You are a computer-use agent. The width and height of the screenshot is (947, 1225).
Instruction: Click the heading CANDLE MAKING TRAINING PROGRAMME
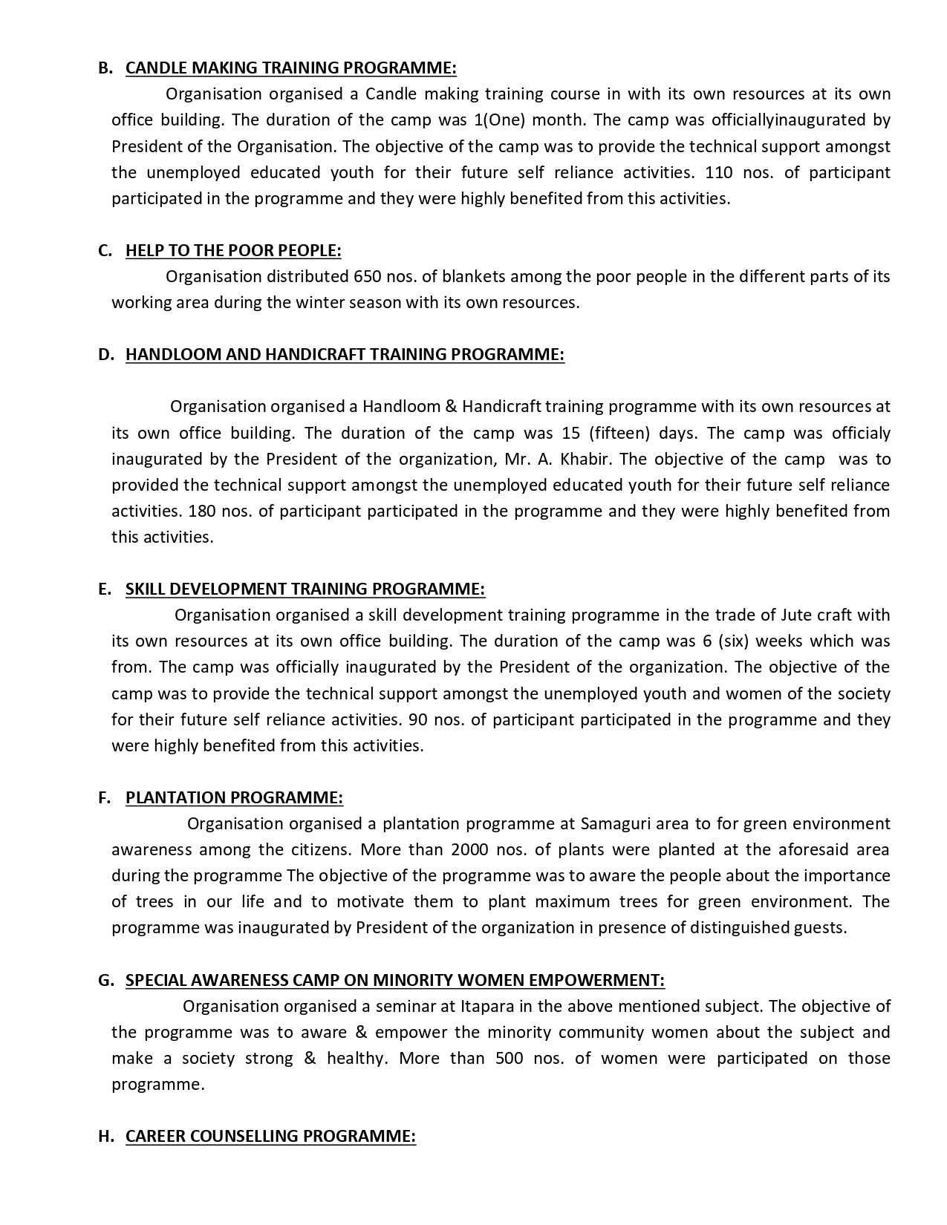tap(290, 68)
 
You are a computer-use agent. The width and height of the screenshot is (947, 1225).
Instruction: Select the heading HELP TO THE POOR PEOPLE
tap(233, 250)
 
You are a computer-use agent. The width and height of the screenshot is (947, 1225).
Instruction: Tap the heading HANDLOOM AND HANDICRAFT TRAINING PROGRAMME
tap(345, 354)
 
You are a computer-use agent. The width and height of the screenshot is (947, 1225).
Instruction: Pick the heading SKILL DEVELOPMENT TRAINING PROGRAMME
tap(305, 589)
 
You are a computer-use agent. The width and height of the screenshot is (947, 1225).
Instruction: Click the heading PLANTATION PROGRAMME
tap(234, 797)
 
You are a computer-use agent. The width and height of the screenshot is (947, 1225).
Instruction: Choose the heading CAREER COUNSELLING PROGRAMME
tap(270, 1136)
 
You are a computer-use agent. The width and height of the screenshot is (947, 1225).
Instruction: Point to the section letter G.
tap(105, 980)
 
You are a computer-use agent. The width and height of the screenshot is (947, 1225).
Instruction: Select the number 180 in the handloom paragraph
tap(203, 511)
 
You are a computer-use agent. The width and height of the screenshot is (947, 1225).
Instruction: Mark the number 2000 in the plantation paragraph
tap(469, 849)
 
